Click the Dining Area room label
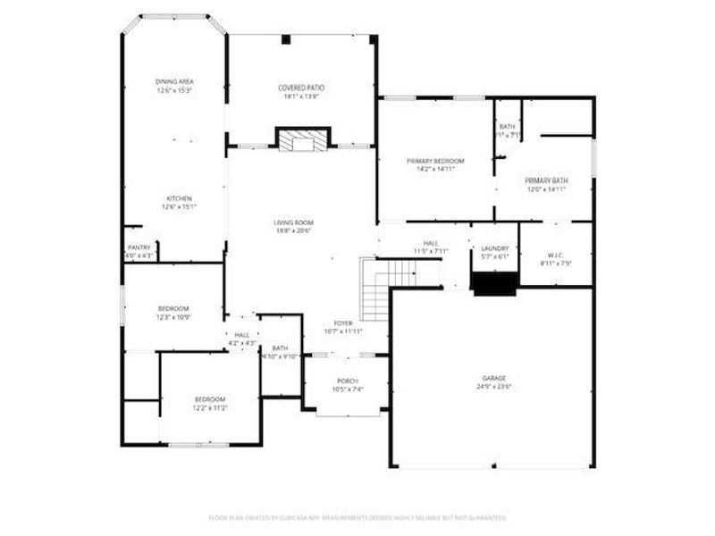click(174, 81)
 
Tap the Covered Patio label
click(301, 88)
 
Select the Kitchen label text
click(179, 198)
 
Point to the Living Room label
click(293, 222)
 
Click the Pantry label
click(139, 247)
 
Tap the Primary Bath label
click(547, 180)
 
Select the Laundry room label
click(495, 248)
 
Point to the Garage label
click(494, 378)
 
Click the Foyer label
click(344, 322)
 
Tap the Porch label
click(348, 381)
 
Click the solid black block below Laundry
click(495, 283)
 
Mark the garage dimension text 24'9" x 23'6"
click(494, 388)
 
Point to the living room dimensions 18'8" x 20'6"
click(293, 230)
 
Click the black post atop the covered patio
click(285, 39)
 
